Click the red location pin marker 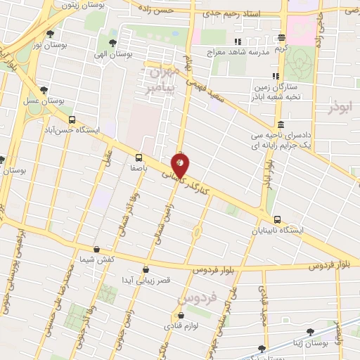(180, 166)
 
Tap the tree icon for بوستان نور (50, 32)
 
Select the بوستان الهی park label (111, 54)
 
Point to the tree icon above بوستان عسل (44, 90)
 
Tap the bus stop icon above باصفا (139, 157)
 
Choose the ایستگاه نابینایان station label (285, 230)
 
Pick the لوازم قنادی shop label (182, 326)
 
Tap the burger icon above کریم (281, 38)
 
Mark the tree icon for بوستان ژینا (309, 331)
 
